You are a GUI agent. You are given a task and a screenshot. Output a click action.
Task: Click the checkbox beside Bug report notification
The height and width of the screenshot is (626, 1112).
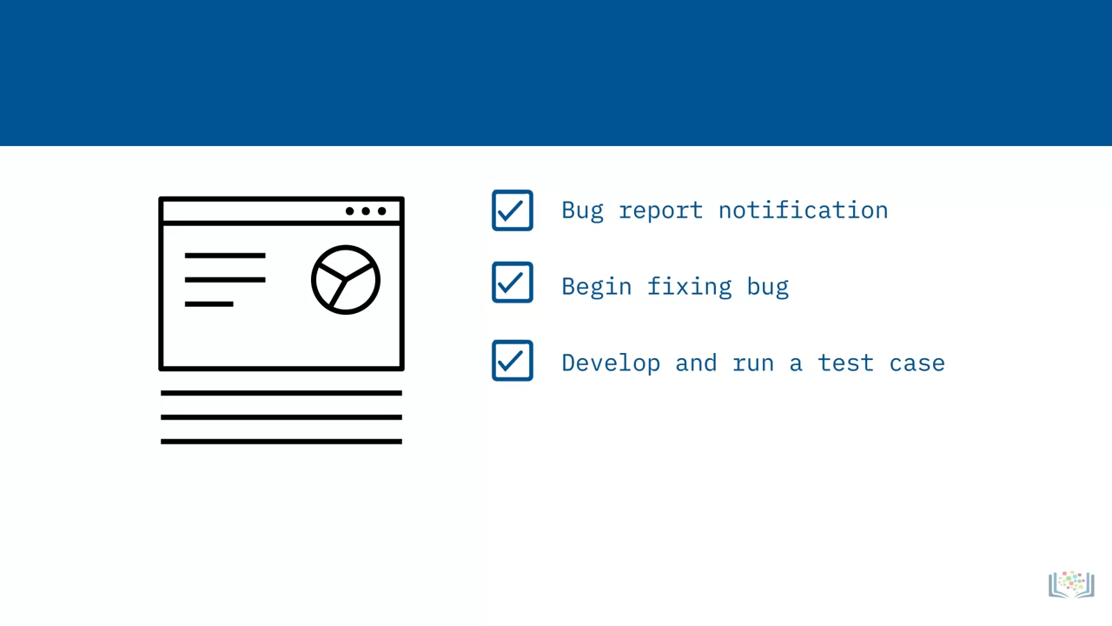click(513, 210)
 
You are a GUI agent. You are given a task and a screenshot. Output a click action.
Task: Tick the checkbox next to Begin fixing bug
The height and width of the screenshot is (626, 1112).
click(513, 283)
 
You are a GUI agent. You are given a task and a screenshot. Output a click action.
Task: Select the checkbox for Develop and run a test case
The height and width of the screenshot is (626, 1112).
click(513, 361)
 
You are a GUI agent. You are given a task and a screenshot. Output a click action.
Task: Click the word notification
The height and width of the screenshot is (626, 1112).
click(804, 210)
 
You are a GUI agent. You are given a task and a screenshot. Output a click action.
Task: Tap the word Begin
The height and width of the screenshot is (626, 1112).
click(597, 287)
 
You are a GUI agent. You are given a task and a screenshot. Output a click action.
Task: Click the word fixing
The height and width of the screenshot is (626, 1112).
click(690, 287)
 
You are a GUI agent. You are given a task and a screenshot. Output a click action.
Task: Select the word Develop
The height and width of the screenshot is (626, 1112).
click(611, 363)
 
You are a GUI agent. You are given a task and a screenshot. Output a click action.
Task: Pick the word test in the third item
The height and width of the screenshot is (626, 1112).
click(845, 363)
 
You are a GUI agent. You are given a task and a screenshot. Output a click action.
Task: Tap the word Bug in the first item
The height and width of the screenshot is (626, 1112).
click(583, 210)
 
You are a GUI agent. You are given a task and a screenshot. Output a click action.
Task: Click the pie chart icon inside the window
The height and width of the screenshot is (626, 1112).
click(346, 280)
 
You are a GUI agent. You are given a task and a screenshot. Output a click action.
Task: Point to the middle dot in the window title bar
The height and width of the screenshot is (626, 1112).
click(366, 211)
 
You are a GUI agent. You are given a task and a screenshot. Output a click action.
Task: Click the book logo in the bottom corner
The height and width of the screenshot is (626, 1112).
click(1071, 584)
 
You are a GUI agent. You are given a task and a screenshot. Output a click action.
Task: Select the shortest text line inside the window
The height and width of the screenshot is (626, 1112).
click(209, 304)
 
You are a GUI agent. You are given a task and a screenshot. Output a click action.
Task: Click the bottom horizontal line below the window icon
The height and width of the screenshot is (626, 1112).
click(281, 442)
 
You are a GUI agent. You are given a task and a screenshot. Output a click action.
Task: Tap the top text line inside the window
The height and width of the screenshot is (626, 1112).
click(225, 256)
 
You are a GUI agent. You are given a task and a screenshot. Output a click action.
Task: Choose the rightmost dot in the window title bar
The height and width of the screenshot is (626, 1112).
click(381, 211)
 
